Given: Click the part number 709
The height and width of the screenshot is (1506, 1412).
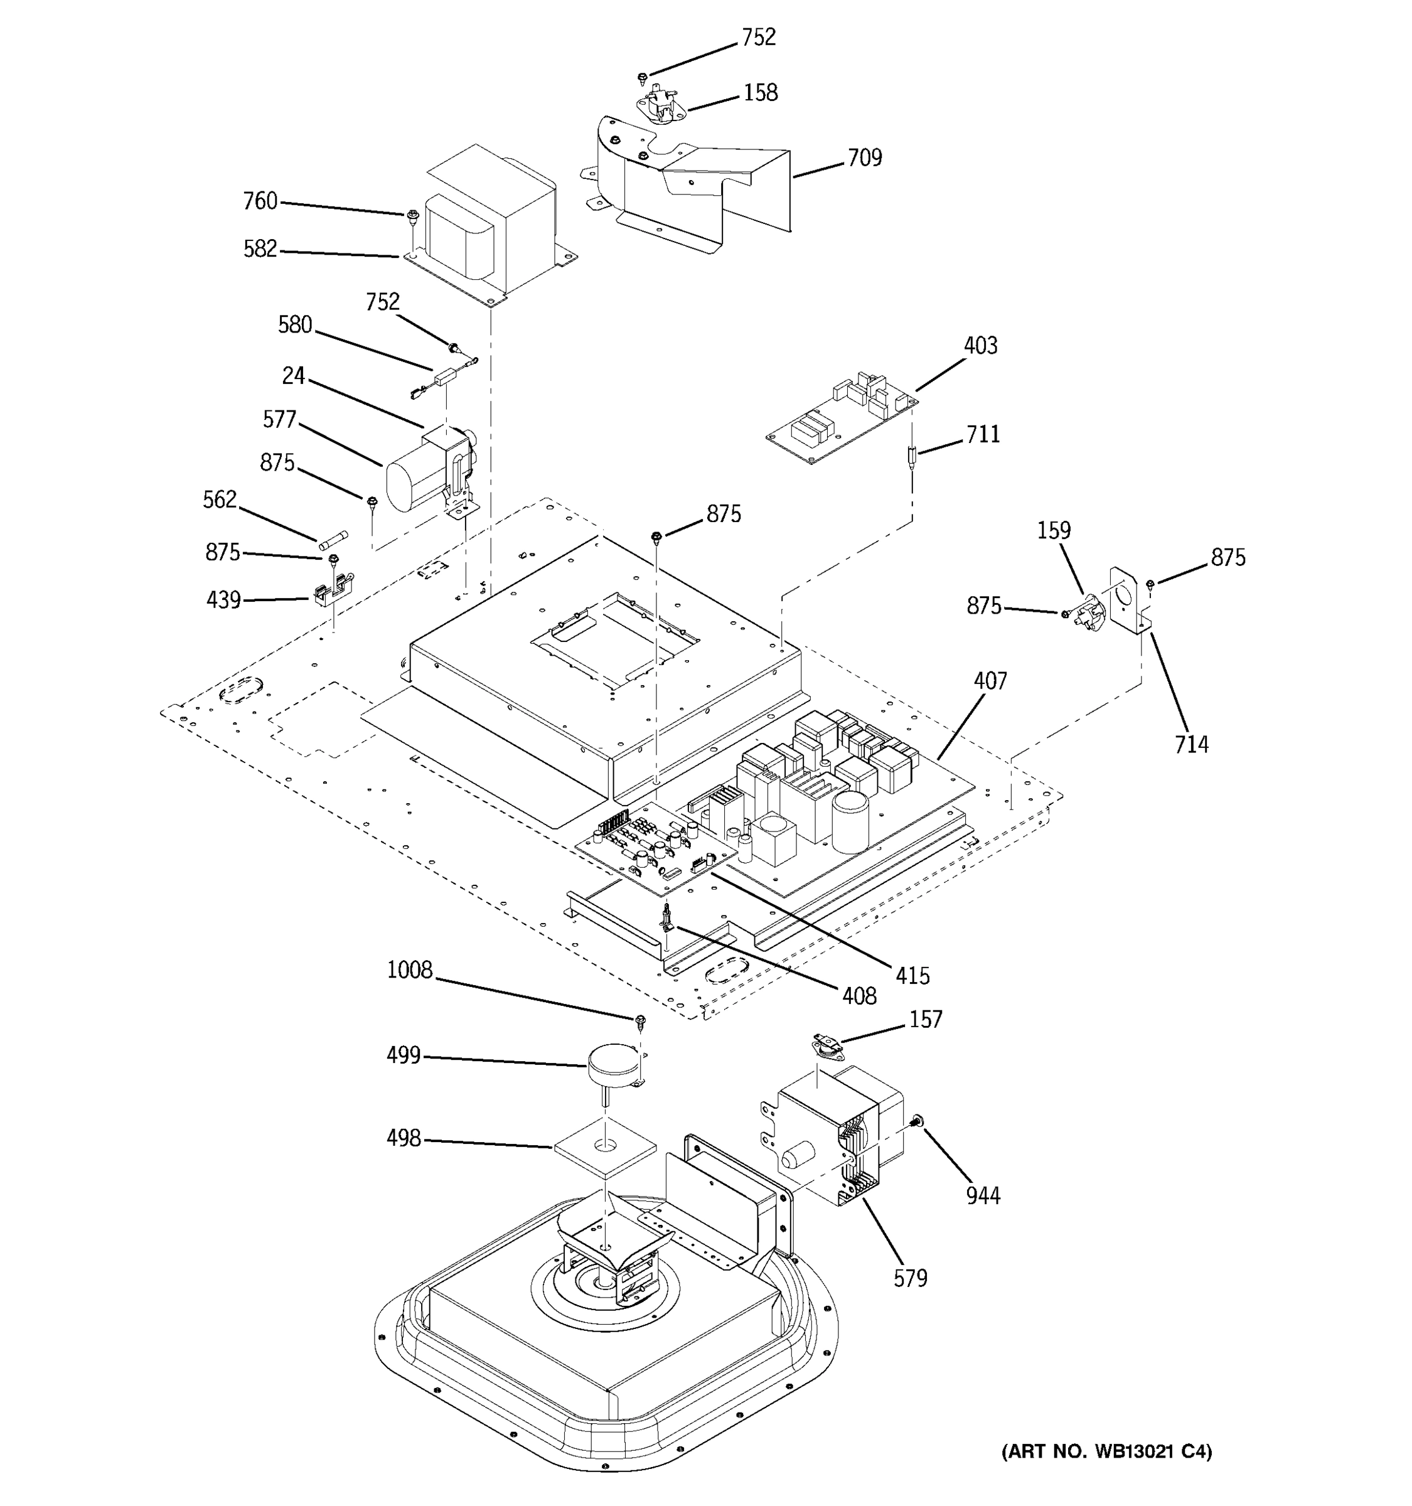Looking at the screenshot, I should pyautogui.click(x=864, y=158).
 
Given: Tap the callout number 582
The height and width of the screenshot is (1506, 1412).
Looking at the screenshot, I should pyautogui.click(x=260, y=249).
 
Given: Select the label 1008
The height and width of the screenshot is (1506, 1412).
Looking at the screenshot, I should pyautogui.click(x=409, y=970).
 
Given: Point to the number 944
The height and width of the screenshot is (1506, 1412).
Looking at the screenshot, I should pyautogui.click(x=983, y=1195).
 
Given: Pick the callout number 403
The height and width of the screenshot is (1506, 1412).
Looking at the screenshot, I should pyautogui.click(x=980, y=346).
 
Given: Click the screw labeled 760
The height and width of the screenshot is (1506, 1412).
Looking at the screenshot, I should pyautogui.click(x=413, y=217).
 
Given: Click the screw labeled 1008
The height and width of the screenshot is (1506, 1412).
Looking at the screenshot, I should pyautogui.click(x=640, y=1022).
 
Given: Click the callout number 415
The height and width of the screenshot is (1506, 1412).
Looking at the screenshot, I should pyautogui.click(x=912, y=976).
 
